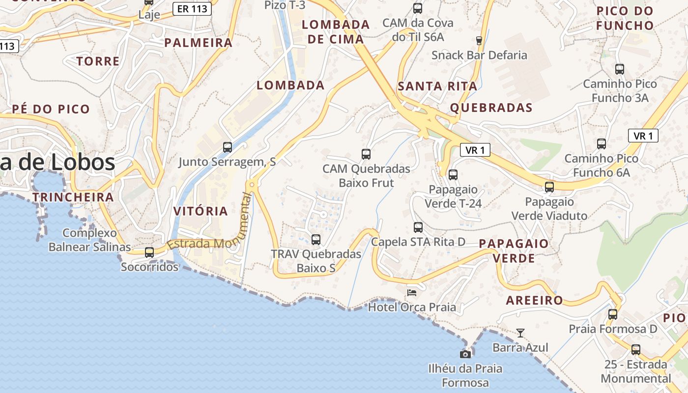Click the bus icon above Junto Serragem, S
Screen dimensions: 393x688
228,147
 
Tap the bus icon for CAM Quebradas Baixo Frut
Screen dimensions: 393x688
366,154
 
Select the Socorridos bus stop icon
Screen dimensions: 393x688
149,253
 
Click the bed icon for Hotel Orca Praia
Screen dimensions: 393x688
412,293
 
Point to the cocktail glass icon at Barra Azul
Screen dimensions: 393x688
520,333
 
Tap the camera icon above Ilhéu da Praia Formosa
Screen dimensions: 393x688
465,354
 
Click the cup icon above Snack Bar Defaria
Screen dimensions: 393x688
479,41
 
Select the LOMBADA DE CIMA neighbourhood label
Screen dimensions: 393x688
336,31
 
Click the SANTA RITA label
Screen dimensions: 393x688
437,86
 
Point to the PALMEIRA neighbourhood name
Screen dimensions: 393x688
199,43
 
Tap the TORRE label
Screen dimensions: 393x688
98,61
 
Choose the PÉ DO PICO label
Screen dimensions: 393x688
51,109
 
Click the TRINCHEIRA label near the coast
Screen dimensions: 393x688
73,197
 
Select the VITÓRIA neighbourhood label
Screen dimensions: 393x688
201,211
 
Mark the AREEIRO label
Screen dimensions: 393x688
535,300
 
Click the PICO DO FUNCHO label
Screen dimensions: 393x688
625,18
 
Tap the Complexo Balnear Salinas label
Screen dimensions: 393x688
90,240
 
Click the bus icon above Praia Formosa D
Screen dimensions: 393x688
613,314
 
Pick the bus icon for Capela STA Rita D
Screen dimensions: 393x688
418,227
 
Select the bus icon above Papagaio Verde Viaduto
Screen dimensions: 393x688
549,187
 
